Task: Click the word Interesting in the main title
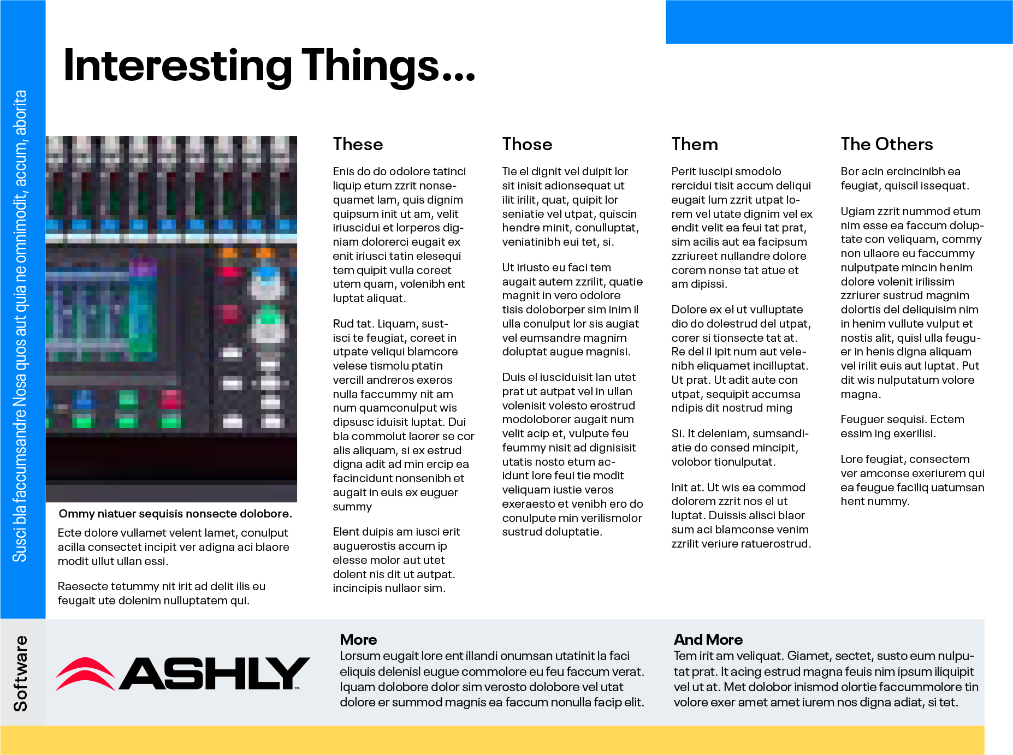178,67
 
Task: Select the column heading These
358,144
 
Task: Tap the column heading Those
527,144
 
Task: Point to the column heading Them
695,144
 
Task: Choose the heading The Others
887,144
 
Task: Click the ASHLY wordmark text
214,673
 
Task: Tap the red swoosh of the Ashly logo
85,674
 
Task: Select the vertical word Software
21,673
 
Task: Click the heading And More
708,639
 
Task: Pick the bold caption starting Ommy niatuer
175,514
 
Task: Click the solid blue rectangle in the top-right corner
839,22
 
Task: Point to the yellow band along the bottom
492,740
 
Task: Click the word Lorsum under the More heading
360,656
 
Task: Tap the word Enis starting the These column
344,171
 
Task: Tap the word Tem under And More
684,656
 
